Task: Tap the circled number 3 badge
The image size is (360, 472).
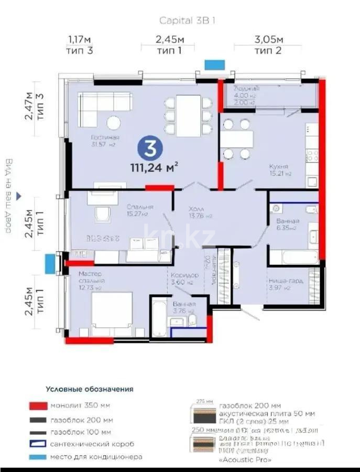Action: click(149, 149)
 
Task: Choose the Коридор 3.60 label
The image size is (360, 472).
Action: click(185, 278)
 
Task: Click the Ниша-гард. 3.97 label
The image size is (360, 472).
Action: click(285, 284)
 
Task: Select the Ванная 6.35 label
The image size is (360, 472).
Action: click(288, 224)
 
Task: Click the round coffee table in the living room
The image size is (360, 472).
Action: click(113, 123)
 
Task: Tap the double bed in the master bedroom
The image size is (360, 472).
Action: click(112, 314)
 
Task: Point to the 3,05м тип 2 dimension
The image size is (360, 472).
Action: click(269, 45)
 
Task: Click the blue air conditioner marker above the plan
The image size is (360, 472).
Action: click(214, 65)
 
